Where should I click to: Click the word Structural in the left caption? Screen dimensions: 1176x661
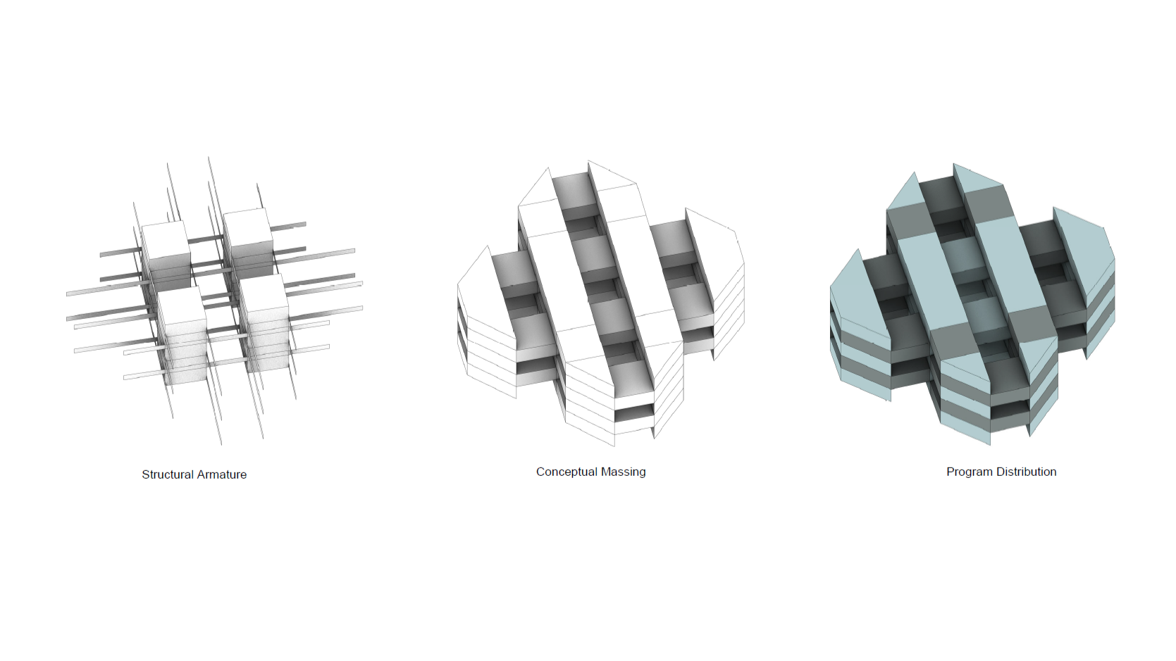[168, 474]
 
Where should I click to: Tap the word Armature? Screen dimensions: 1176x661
[223, 474]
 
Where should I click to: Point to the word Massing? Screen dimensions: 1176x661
[624, 472]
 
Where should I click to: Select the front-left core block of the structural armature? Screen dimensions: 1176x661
[182, 336]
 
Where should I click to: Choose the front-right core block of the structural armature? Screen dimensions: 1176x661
[265, 322]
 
